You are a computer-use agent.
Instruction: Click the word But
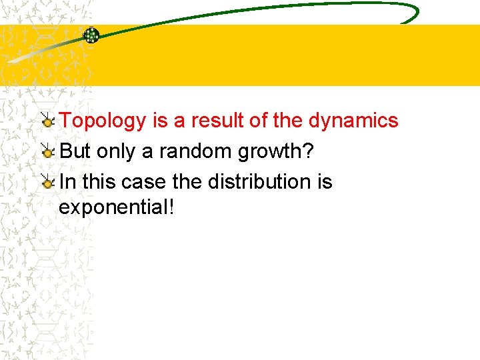(75, 151)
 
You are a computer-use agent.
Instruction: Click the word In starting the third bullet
(67, 181)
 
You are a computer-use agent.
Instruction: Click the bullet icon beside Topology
(47, 121)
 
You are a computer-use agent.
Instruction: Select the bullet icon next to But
(47, 152)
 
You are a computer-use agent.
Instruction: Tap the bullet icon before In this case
(47, 181)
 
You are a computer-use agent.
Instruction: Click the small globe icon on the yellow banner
(91, 35)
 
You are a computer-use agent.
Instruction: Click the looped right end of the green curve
(408, 12)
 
